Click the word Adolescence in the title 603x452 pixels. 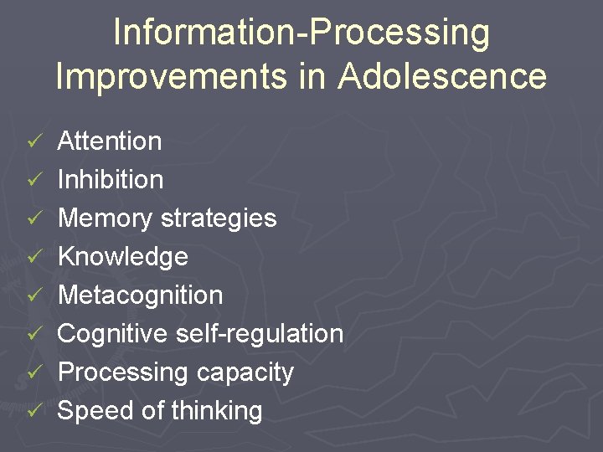pyautogui.click(x=442, y=75)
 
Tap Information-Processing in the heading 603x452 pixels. pyautogui.click(x=301, y=32)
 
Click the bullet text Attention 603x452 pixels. pyautogui.click(x=109, y=141)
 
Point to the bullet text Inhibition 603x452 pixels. pyautogui.click(x=110, y=180)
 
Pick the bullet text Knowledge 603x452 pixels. pyautogui.click(x=122, y=257)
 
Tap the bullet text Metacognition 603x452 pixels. pyautogui.click(x=140, y=295)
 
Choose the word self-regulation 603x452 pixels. pyautogui.click(x=260, y=334)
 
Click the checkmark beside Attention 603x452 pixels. pyautogui.click(x=33, y=142)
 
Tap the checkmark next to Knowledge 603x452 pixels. pyautogui.click(x=33, y=258)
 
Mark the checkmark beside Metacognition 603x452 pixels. pyautogui.click(x=33, y=296)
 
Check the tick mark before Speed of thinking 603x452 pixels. pyautogui.click(x=33, y=412)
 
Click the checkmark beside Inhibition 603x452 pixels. pyautogui.click(x=33, y=181)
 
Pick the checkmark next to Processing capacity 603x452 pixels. pyautogui.click(x=33, y=373)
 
